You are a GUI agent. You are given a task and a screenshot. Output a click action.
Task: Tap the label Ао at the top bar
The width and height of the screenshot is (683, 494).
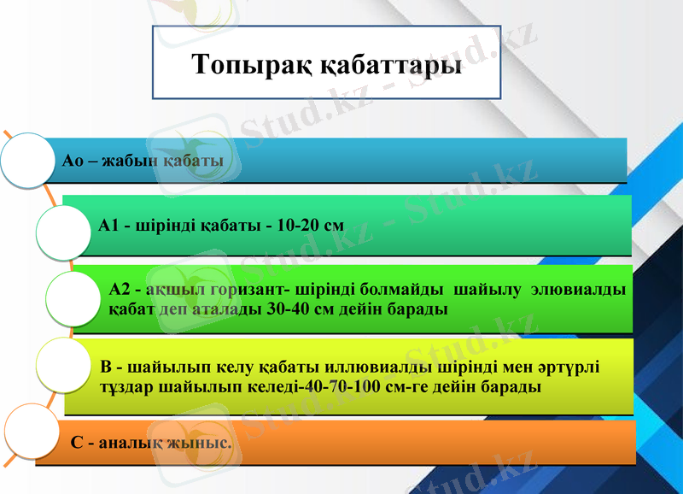[74, 160]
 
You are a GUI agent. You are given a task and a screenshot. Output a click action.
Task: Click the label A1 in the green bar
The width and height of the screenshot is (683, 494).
[108, 226]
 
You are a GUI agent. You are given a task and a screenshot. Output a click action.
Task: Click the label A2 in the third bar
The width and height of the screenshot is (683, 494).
[121, 290]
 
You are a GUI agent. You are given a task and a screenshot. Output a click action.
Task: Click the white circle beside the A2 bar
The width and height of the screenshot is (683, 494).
[73, 298]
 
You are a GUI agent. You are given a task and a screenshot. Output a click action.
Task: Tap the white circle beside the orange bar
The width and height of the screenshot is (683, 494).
[34, 433]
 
